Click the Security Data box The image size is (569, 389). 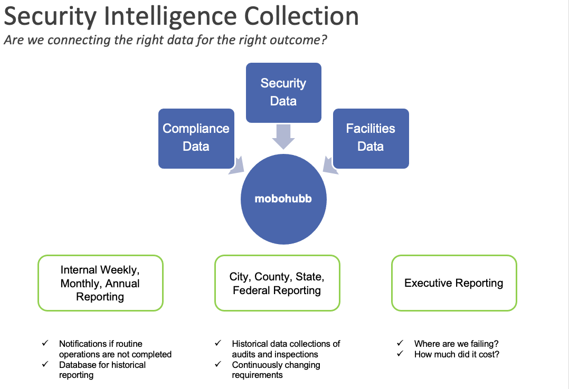tap(283, 92)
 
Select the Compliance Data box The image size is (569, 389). tap(196, 138)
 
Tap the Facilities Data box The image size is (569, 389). tap(371, 138)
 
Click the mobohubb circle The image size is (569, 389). tap(283, 199)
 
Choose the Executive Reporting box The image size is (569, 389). tap(454, 283)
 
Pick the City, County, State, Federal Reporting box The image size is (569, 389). tap(277, 283)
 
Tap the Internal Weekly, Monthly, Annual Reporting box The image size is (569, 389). tap(100, 283)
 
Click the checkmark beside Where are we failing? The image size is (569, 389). tap(401, 344)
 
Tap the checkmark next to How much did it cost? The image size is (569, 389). tap(401, 354)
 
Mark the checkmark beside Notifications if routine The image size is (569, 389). tap(45, 344)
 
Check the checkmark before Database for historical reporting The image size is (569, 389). tap(45, 365)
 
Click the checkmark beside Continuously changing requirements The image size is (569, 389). tap(218, 365)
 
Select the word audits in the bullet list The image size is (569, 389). tap(244, 354)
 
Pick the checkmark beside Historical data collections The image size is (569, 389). tap(218, 344)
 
